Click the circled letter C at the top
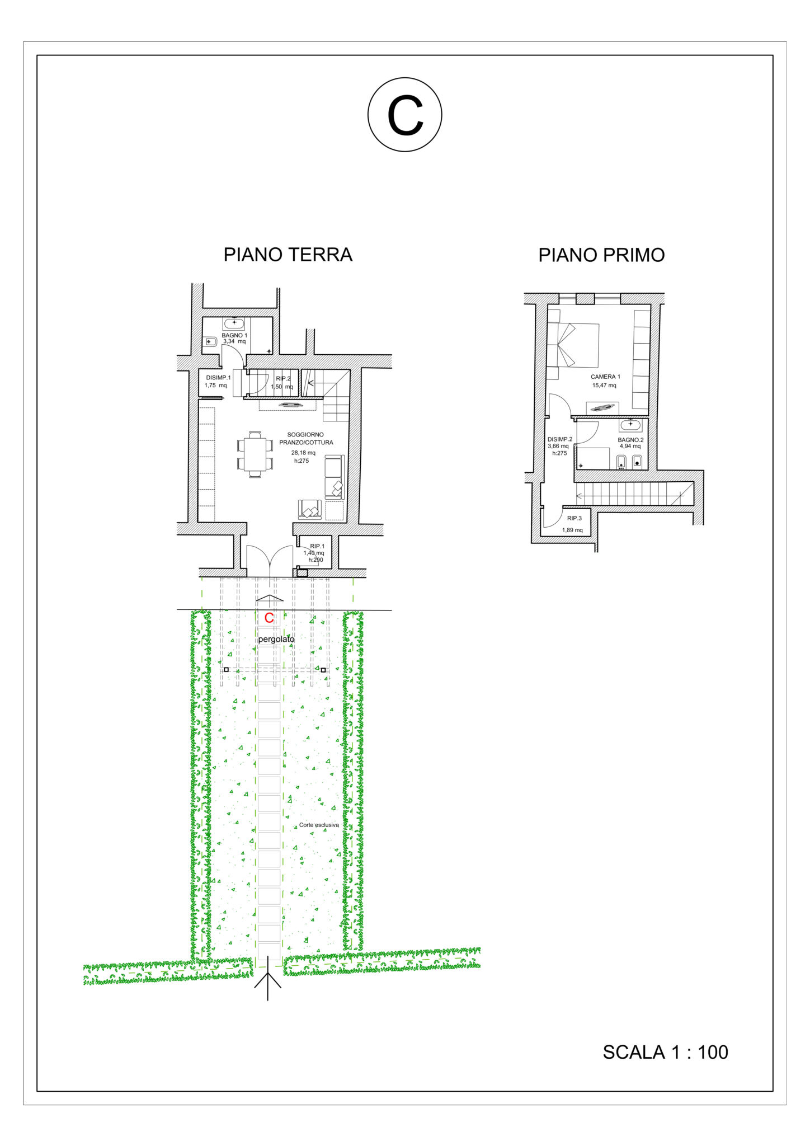pos(405,115)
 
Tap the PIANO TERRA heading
pos(288,255)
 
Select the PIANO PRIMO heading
pos(601,255)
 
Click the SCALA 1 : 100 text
pos(665,1052)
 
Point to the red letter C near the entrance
pos(269,618)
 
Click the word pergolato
pos(276,639)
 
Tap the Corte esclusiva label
pos(319,825)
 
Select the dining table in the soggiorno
pos(255,454)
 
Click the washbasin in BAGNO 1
pos(234,323)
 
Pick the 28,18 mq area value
pos(303,453)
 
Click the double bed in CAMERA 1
pos(573,345)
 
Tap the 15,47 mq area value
pos(604,385)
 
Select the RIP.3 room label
pos(574,518)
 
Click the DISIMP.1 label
pos(218,378)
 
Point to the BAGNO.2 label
pos(630,440)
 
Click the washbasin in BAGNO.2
pos(630,425)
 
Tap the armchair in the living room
pos(310,510)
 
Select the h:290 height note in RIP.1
pos(315,560)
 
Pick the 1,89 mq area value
pos(572,530)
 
